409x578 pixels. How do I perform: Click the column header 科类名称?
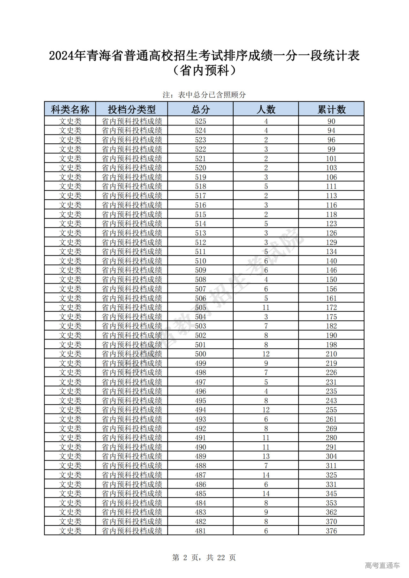click(x=70, y=110)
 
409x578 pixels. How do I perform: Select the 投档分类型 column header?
click(x=132, y=110)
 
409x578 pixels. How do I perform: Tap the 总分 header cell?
click(x=200, y=110)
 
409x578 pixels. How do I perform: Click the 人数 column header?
click(x=266, y=110)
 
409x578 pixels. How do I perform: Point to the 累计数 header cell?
click(x=331, y=110)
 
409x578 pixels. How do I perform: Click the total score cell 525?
click(x=200, y=121)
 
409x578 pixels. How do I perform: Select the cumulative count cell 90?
click(x=331, y=121)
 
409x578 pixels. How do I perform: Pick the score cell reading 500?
click(x=200, y=354)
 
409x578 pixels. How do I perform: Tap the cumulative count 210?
click(x=331, y=354)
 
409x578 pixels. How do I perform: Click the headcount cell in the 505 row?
click(x=266, y=308)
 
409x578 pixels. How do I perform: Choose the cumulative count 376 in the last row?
click(x=331, y=531)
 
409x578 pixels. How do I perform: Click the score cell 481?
click(x=200, y=531)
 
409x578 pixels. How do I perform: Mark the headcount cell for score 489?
click(x=266, y=456)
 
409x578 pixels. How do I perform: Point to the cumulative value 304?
click(x=331, y=456)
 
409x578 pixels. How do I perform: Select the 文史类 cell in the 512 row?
click(x=70, y=242)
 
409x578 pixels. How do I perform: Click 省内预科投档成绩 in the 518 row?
click(x=132, y=186)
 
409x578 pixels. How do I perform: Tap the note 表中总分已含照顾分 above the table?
click(x=204, y=95)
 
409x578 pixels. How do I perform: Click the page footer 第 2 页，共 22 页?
click(x=204, y=558)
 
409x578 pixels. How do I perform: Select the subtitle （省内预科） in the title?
click(x=204, y=71)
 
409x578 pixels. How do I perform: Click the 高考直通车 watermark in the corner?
click(x=382, y=566)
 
